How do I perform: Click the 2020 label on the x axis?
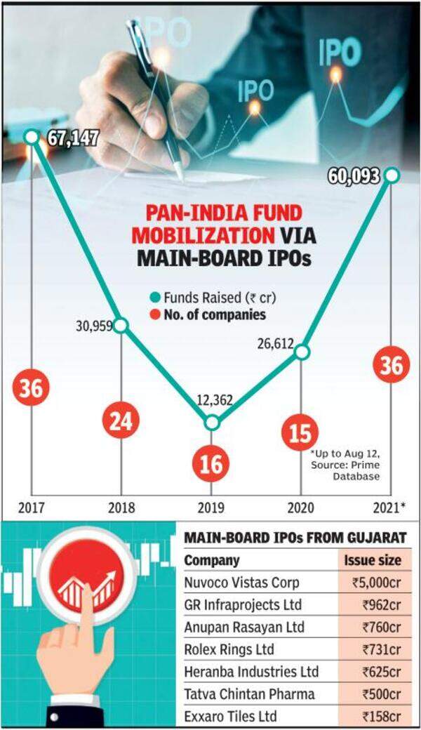pos(301,507)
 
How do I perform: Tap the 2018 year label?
pos(121,507)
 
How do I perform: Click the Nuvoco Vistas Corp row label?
pos(239,582)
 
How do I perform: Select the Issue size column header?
pos(372,560)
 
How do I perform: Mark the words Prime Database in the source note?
pos(359,470)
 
